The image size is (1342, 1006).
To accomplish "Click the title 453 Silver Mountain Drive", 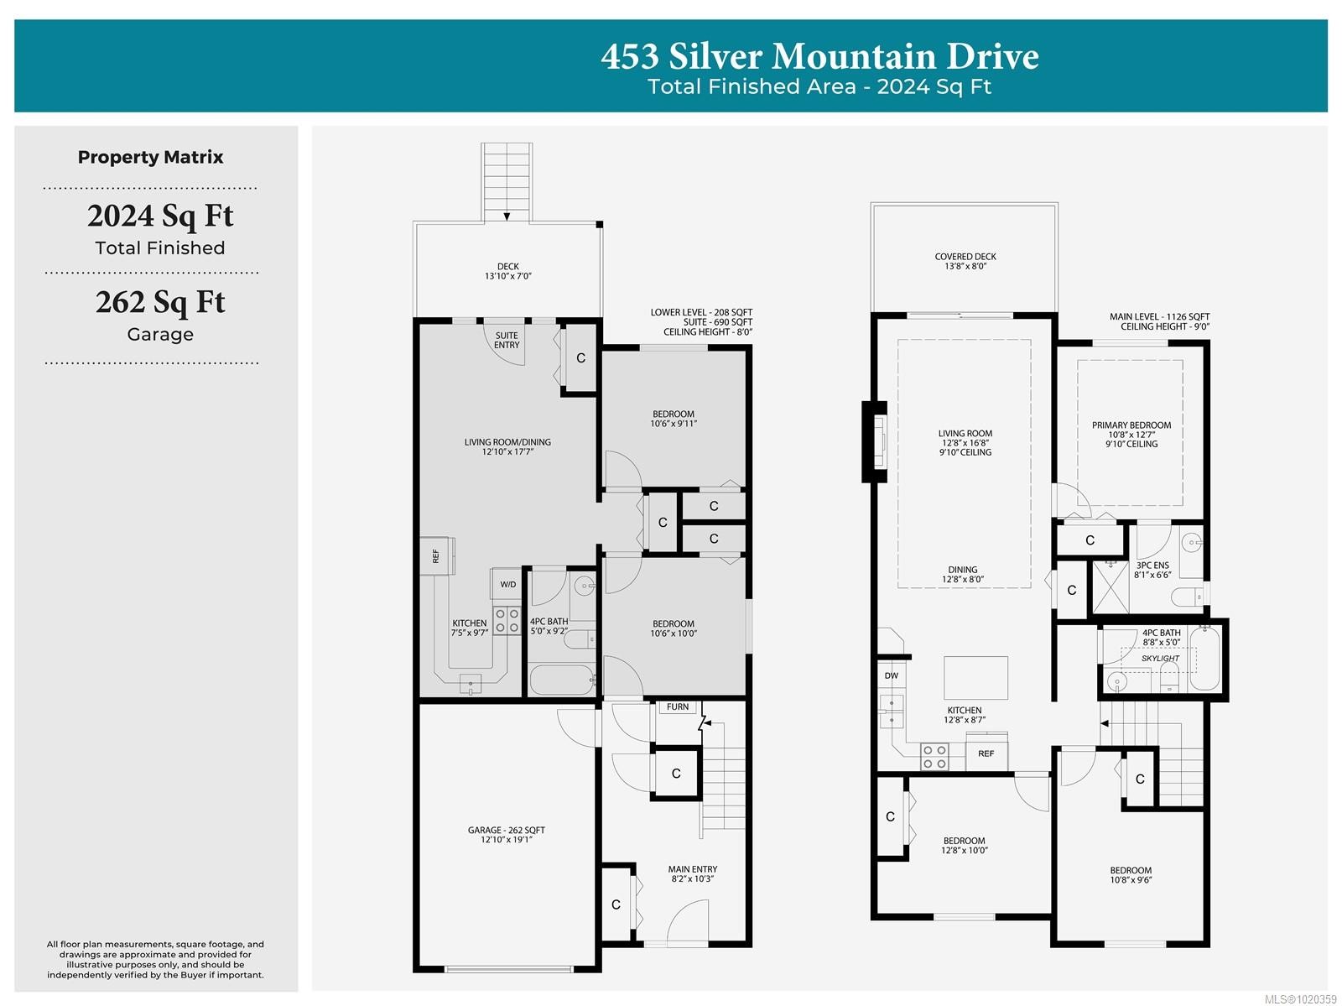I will point(819,56).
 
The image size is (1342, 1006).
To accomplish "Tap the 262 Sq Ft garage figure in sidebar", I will point(160,302).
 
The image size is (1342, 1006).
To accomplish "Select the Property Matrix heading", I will point(151,157).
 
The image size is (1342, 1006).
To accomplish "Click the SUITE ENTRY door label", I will point(507,341).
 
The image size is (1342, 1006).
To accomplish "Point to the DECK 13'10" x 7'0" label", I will point(507,271).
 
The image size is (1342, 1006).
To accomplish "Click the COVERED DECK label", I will point(965,261).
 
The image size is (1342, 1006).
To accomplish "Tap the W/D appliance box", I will point(508,584).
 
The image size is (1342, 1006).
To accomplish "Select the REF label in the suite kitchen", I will point(435,555).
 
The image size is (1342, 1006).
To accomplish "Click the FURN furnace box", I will point(678,707).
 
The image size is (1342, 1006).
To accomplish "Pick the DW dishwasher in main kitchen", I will point(891,675).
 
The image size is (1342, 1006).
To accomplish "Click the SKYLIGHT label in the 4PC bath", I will point(1160,659).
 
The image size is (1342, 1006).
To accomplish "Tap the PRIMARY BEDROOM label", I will point(1131,434).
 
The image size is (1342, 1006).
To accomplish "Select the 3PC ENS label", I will point(1152,570).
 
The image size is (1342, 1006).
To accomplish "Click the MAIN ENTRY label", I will point(692,873).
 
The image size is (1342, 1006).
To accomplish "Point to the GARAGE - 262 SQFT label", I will point(507,834).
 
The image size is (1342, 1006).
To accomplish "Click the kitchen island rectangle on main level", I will point(976,678).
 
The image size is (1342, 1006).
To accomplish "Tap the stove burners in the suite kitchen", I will point(507,621).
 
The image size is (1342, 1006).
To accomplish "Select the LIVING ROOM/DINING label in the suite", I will point(507,446).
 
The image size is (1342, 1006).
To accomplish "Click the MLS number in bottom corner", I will point(1299,998).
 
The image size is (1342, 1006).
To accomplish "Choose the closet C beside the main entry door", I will point(616,904).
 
